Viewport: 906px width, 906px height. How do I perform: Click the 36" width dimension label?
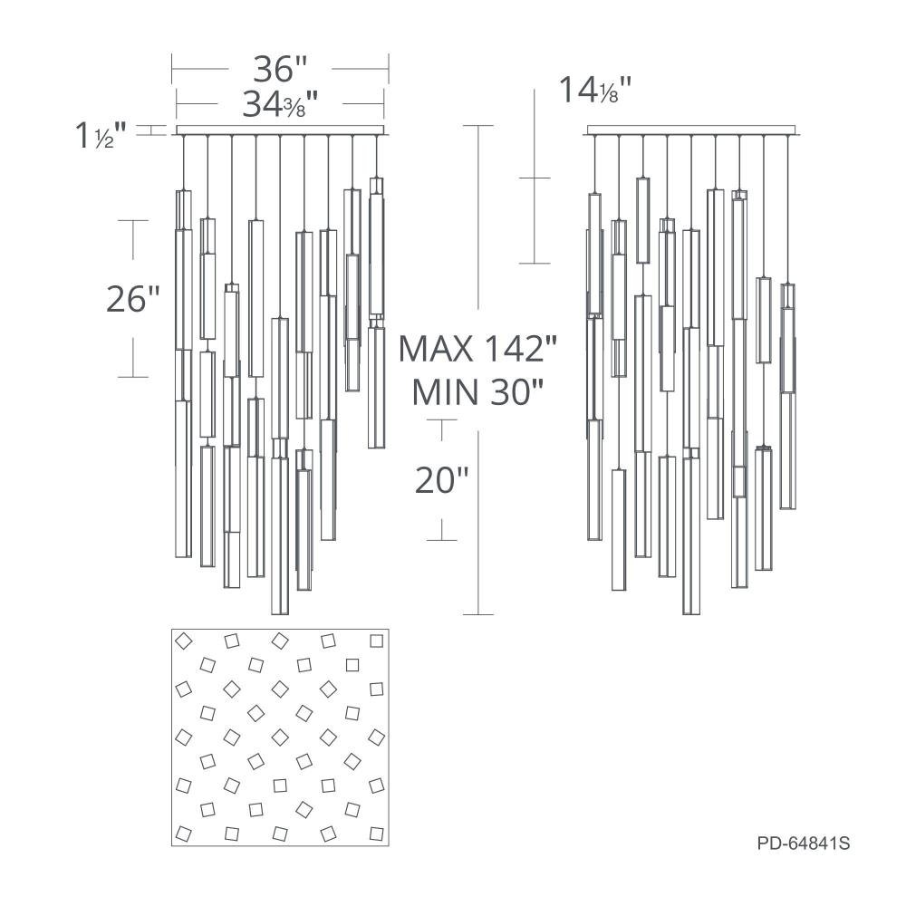click(280, 69)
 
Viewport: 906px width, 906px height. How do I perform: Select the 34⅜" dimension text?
click(281, 104)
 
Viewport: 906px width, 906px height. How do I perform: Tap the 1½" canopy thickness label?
click(101, 135)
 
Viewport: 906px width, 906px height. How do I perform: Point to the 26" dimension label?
click(133, 299)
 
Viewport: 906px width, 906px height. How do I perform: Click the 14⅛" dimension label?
click(595, 90)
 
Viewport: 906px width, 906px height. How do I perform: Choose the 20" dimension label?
click(441, 480)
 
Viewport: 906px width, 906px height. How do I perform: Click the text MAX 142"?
click(477, 349)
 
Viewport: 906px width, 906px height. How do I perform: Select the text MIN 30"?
click(477, 392)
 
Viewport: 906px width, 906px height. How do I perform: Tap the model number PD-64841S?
click(803, 843)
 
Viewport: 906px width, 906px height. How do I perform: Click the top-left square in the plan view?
click(184, 641)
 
